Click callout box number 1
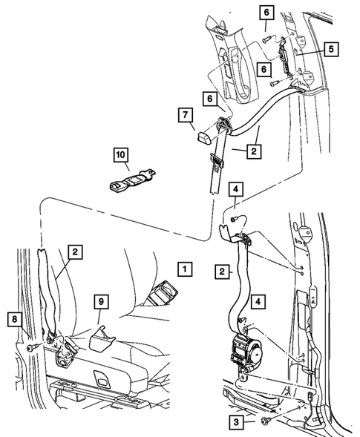click(x=185, y=269)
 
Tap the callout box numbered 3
click(x=236, y=421)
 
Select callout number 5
click(x=331, y=49)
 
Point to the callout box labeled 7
click(x=186, y=115)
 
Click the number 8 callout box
click(x=15, y=319)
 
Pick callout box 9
click(x=101, y=301)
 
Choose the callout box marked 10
click(x=121, y=154)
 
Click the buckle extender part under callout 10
click(x=131, y=180)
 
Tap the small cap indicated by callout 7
click(x=204, y=137)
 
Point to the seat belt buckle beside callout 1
click(x=162, y=293)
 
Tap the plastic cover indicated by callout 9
click(x=102, y=338)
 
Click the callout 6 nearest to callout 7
click(x=210, y=99)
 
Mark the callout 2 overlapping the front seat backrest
click(x=75, y=252)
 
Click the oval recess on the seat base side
click(x=100, y=375)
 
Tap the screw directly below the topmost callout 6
click(x=266, y=39)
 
